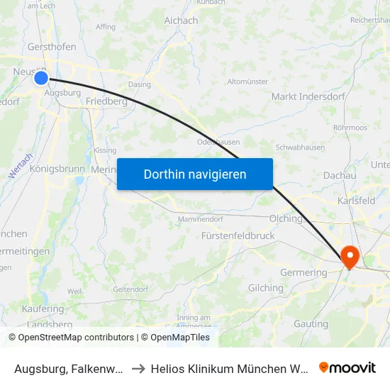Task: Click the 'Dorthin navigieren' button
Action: tap(195, 174)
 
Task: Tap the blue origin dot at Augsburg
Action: tap(41, 78)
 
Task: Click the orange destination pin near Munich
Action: tap(350, 256)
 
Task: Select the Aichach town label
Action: tap(181, 21)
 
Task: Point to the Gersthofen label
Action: tap(52, 48)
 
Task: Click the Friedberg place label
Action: tap(106, 101)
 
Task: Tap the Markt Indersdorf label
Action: tap(306, 96)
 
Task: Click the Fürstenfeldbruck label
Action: tap(238, 235)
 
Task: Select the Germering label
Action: tap(304, 272)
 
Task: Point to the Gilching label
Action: tap(265, 288)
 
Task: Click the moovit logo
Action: tap(347, 367)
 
